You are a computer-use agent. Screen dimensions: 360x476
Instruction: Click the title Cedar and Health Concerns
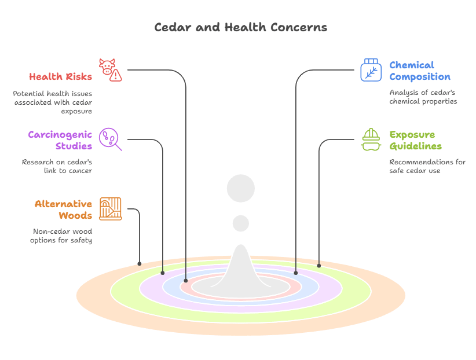(240, 27)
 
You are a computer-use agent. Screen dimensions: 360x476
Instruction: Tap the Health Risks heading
(60, 76)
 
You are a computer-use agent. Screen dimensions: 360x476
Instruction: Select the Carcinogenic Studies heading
(60, 140)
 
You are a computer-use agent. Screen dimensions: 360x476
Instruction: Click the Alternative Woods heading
(63, 210)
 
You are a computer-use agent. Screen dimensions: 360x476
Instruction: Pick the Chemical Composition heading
(419, 71)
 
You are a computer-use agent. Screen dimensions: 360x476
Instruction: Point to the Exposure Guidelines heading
(415, 140)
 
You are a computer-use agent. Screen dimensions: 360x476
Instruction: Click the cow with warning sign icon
(110, 70)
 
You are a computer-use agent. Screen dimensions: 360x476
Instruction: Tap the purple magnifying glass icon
(110, 139)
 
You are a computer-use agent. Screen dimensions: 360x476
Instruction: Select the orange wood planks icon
(110, 209)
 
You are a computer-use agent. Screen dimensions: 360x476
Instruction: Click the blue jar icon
(371, 70)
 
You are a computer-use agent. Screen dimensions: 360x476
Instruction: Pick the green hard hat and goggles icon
(371, 139)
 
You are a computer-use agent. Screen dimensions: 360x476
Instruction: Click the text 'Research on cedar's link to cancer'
(57, 166)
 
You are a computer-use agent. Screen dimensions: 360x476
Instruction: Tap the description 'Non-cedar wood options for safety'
(61, 236)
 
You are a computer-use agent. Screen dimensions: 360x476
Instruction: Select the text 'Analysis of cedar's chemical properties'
(423, 97)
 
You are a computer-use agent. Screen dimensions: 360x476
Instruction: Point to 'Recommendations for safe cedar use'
(427, 166)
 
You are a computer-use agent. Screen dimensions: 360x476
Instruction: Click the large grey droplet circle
(241, 189)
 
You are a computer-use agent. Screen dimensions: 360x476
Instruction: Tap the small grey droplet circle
(241, 223)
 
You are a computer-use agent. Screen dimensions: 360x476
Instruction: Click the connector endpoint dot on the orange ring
(140, 264)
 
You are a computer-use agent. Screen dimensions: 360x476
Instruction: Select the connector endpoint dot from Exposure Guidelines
(319, 266)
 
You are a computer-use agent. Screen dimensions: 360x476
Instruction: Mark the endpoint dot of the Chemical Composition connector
(296, 272)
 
